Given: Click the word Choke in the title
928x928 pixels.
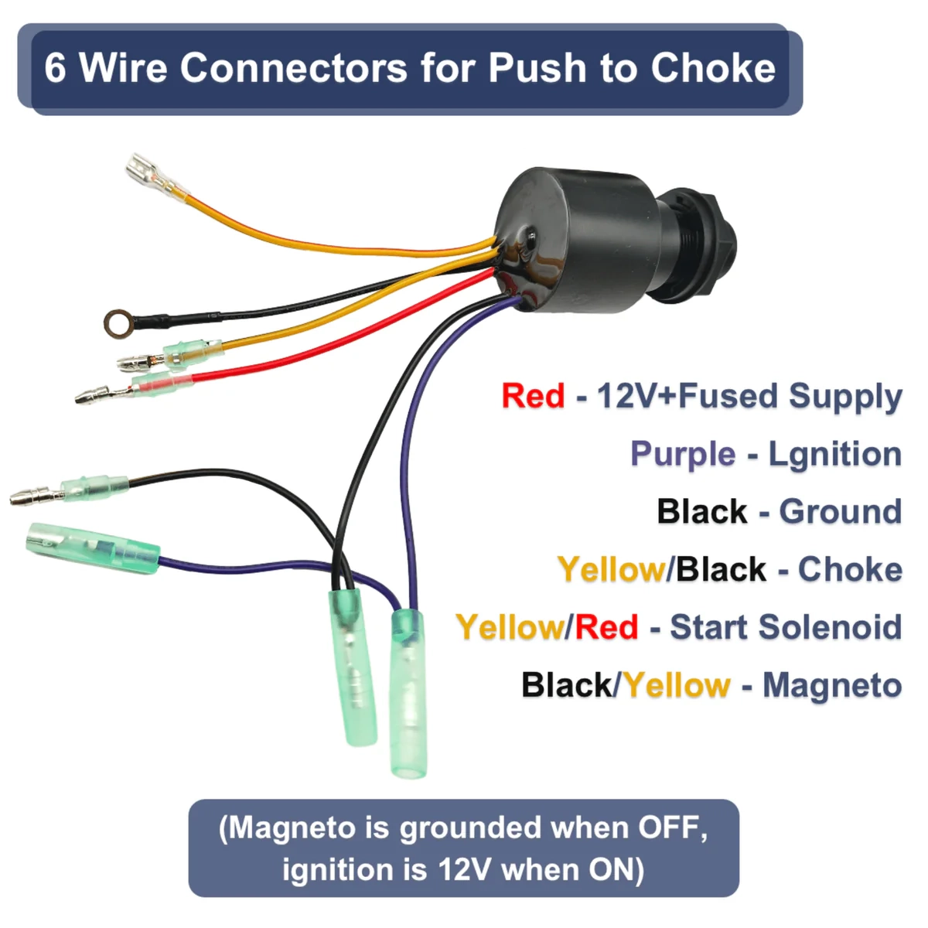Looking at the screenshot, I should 712,68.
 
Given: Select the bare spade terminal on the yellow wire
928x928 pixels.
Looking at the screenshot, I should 145,169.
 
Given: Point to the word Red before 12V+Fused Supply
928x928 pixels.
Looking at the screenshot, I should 533,396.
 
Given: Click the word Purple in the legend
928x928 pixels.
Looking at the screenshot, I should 682,454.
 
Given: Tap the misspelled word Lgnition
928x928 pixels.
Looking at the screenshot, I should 835,454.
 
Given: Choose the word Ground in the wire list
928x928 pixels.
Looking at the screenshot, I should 840,512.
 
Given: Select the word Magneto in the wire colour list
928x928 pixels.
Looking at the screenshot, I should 832,685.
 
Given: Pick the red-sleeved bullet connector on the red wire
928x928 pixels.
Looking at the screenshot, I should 159,384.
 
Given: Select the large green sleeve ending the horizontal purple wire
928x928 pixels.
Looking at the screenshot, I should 93,548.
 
